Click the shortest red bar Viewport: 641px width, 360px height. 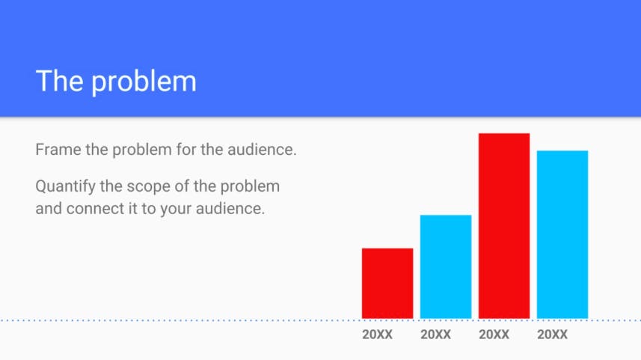coord(387,283)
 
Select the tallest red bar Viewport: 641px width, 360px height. coord(504,226)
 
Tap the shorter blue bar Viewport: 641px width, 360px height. coord(446,266)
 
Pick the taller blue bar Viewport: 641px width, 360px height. coord(562,234)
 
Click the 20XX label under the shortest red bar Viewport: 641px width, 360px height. coord(377,335)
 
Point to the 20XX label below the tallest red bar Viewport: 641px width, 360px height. coord(494,335)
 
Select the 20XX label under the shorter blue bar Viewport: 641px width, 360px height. coord(436,335)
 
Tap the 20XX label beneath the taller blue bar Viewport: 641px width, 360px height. coord(553,335)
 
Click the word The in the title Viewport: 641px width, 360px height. coord(60,81)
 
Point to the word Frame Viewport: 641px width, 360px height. coord(58,150)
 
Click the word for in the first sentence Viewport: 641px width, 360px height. coord(186,150)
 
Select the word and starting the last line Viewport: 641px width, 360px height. coord(49,209)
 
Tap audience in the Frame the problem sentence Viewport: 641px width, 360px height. coord(262,150)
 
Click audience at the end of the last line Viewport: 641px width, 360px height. coord(230,209)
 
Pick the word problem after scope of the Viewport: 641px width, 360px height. coord(250,187)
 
